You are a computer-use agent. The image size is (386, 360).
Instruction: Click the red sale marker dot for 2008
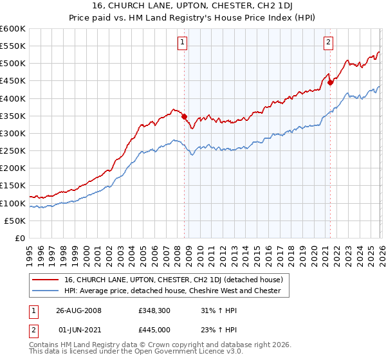(184, 116)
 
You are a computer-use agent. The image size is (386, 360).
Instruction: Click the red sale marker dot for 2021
(330, 82)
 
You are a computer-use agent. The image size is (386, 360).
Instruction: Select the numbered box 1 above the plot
(183, 43)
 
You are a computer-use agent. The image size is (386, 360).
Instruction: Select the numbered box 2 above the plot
(328, 43)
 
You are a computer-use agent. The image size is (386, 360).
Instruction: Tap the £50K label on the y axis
(15, 221)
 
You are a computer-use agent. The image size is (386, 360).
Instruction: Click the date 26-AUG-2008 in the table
(78, 310)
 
